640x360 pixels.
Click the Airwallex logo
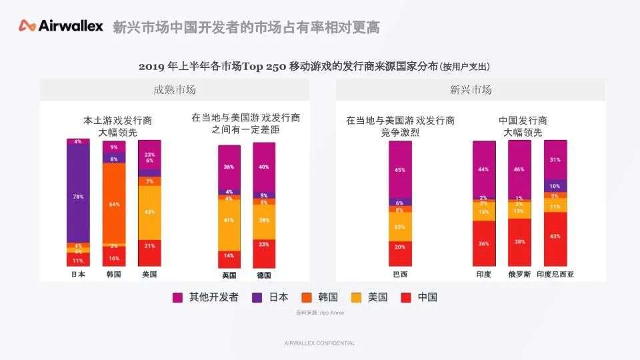61,26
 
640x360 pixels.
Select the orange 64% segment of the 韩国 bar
113,203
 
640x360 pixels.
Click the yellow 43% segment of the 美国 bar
149,212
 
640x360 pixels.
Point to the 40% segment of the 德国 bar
264,167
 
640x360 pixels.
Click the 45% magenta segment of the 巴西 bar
400,170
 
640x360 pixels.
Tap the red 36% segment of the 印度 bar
484,243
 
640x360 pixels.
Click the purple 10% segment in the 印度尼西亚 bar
555,186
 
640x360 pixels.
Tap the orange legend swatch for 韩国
306,297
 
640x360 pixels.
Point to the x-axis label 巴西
400,275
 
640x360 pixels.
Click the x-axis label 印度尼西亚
555,275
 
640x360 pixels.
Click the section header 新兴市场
471,90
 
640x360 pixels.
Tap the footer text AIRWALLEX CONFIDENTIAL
319,343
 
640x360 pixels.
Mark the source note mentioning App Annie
319,312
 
